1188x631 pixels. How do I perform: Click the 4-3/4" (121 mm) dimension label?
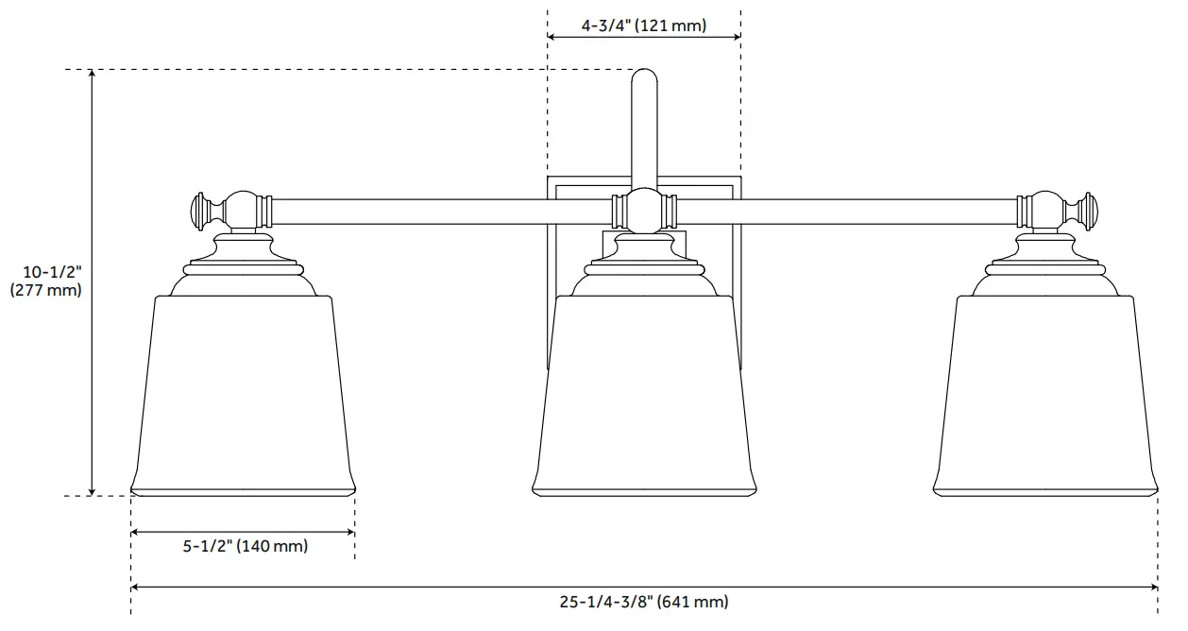[643, 26]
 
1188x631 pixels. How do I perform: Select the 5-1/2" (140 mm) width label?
[244, 546]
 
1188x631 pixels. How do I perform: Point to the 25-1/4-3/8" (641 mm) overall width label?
[644, 602]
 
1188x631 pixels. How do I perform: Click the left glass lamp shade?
[243, 397]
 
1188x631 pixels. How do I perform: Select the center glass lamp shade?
[644, 397]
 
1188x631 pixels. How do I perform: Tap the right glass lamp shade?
[1045, 397]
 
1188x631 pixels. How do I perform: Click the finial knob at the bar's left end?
[201, 211]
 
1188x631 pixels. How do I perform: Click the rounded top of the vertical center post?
[644, 78]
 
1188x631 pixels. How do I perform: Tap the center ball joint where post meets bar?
[644, 210]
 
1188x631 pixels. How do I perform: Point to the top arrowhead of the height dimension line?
[92, 75]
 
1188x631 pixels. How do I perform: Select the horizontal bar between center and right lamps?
[845, 211]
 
